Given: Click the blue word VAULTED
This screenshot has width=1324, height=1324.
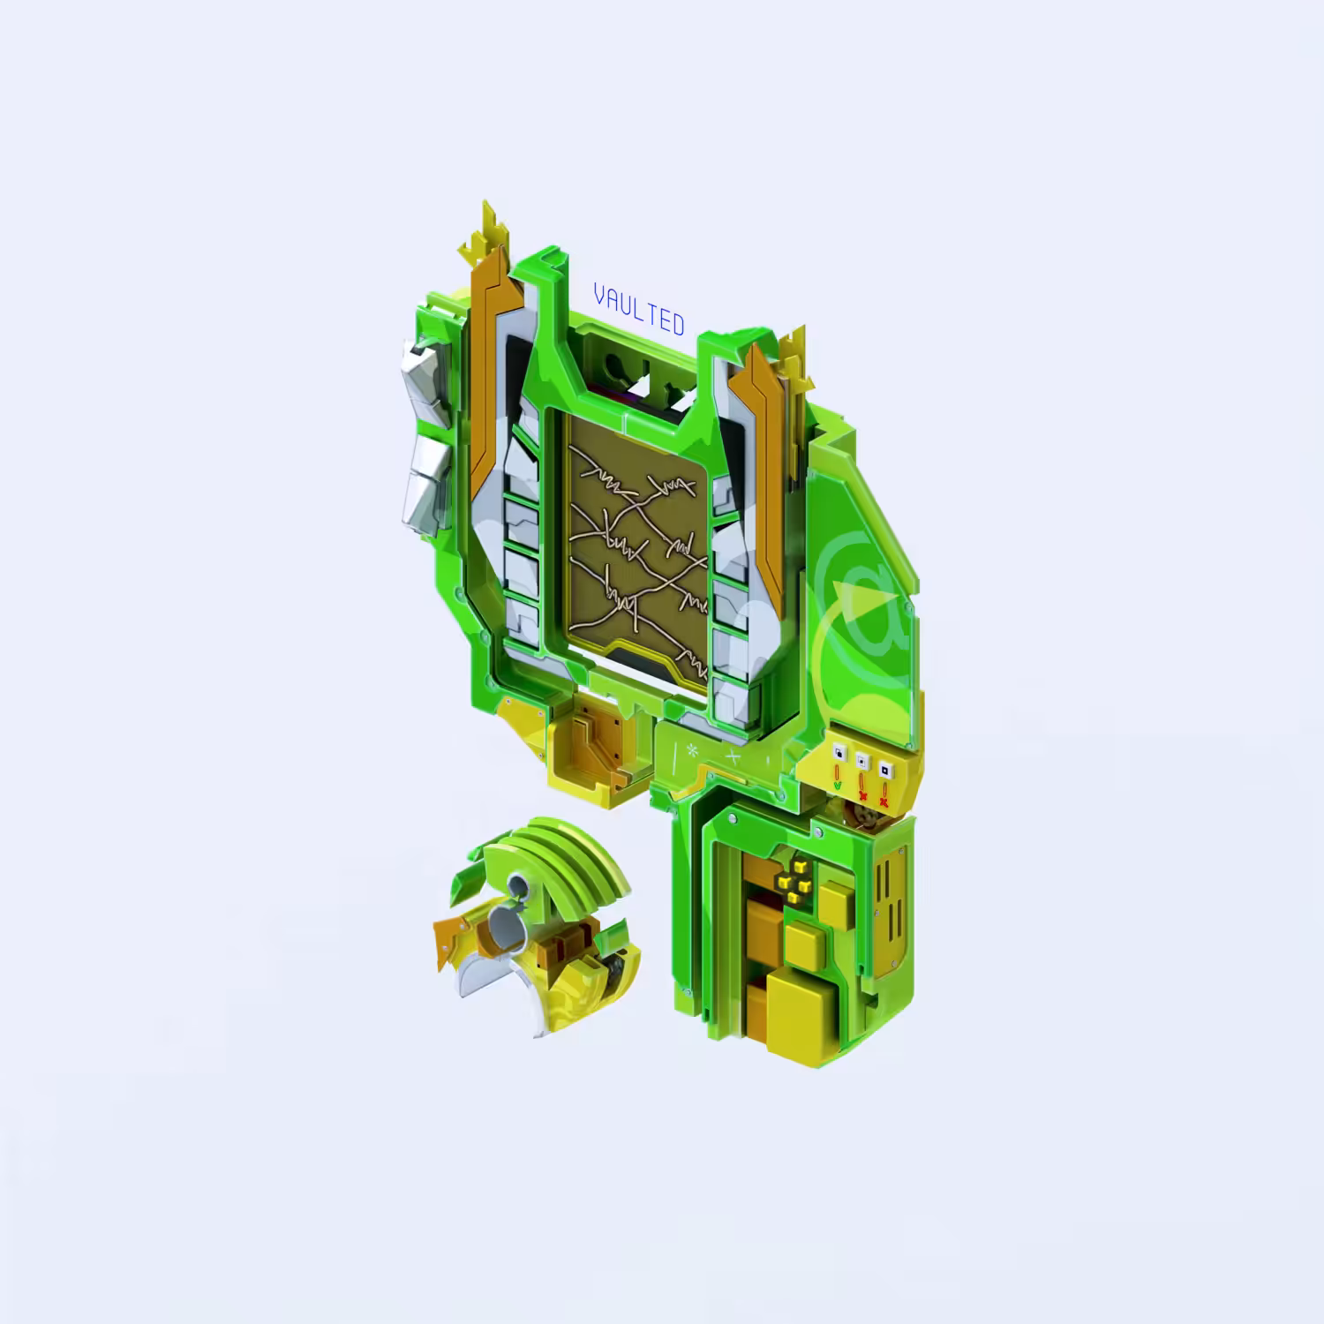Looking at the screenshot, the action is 640,309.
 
